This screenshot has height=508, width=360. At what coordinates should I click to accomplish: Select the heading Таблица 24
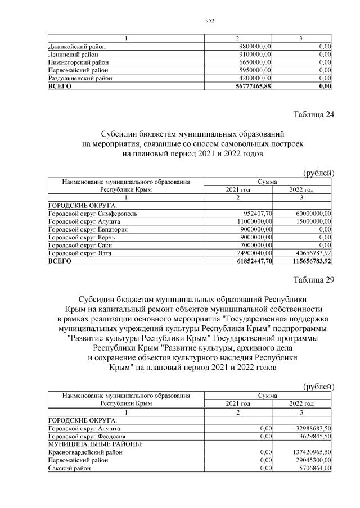314,115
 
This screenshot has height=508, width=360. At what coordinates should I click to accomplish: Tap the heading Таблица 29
314,281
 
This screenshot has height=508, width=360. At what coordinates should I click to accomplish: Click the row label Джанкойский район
78,46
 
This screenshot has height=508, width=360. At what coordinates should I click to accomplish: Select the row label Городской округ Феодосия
87,436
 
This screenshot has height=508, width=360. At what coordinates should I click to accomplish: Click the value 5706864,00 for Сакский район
313,468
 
